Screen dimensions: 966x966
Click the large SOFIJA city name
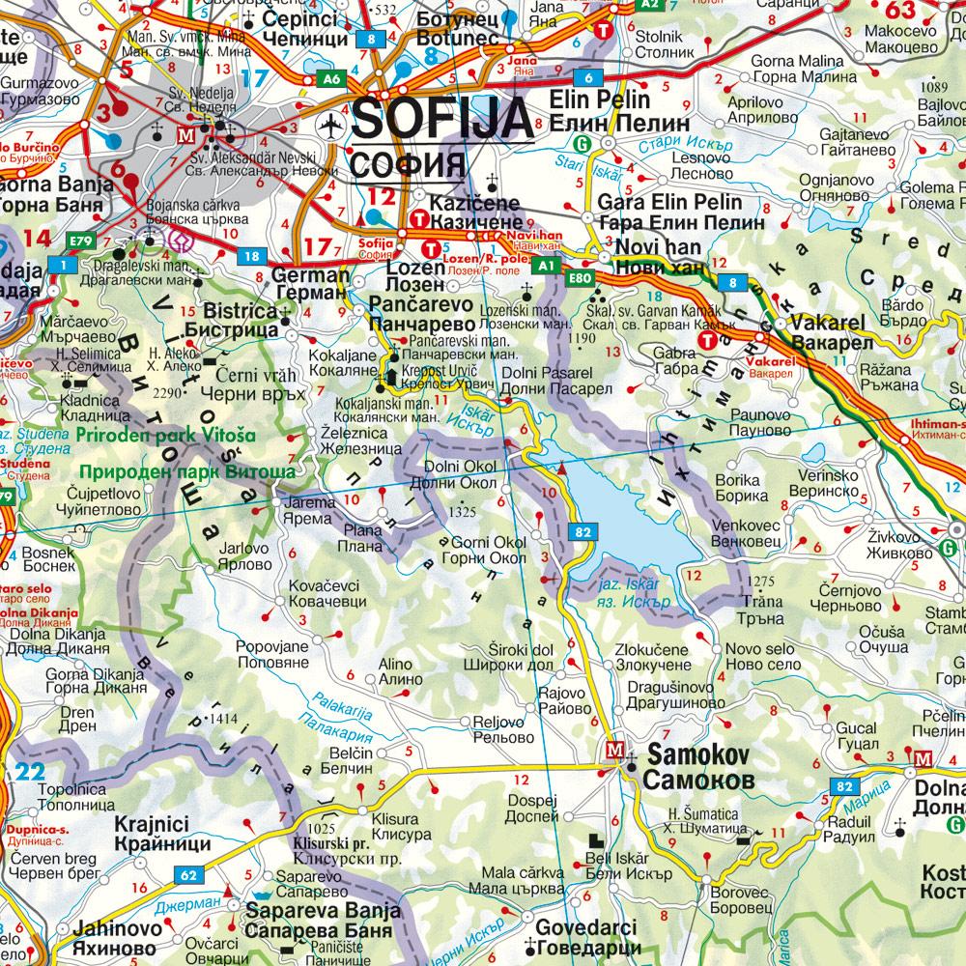[x=441, y=118]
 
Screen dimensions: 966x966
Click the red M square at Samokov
[x=614, y=749]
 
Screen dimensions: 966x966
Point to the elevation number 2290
[x=167, y=393]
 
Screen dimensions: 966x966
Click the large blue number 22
[x=31, y=771]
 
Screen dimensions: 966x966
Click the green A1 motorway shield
[x=548, y=264]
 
